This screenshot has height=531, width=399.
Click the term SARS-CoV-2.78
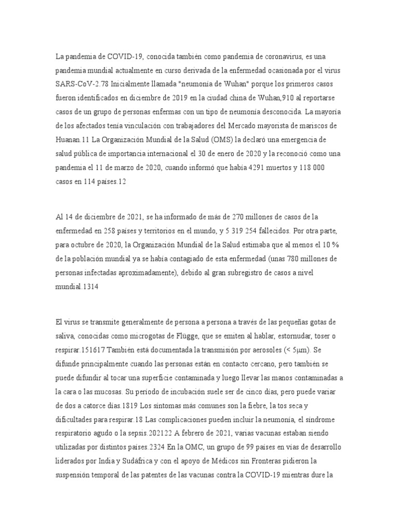click(x=80, y=83)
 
